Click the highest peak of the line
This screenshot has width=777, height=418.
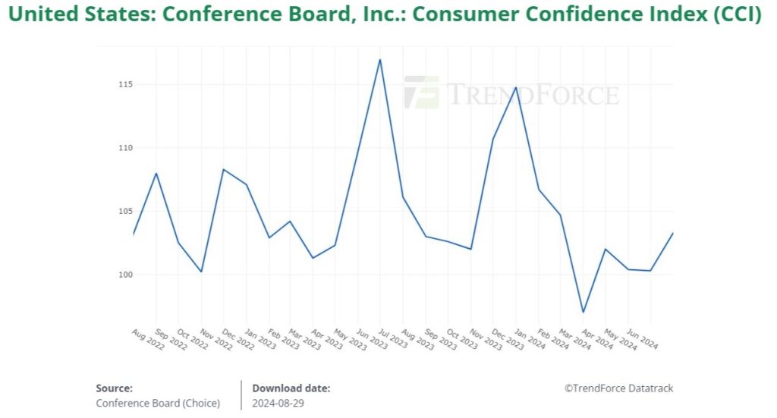pos(379,59)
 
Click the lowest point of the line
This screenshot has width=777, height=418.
pos(584,312)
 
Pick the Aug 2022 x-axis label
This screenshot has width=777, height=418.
pos(148,339)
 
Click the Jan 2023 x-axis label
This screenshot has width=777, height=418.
pos(260,339)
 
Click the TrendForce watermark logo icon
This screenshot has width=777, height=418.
pos(421,93)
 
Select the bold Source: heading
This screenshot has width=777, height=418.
pos(115,388)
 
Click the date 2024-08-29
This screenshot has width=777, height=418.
pos(278,404)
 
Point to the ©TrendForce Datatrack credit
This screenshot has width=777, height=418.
pos(618,388)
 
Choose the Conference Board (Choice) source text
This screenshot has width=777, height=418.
pos(158,404)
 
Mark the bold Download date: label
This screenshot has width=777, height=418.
pos(291,388)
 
